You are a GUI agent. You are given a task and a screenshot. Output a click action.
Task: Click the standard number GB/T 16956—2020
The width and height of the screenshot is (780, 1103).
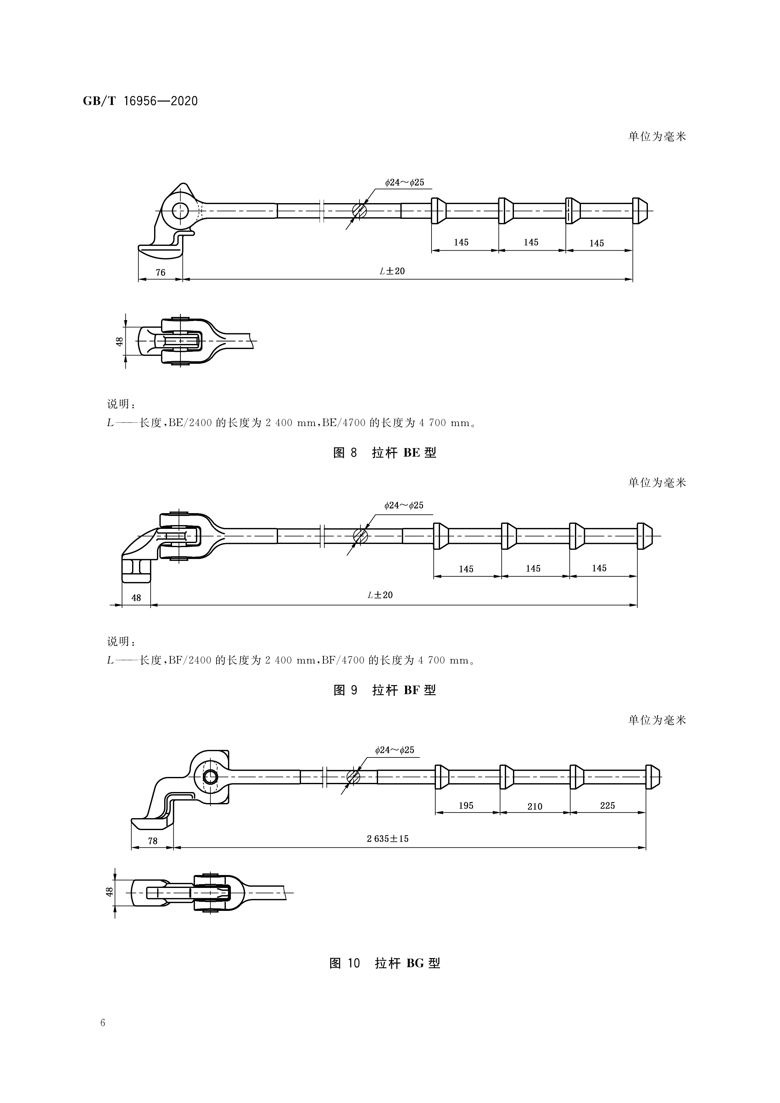pos(140,101)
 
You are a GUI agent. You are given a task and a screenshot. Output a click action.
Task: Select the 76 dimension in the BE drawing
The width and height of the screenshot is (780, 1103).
pos(160,272)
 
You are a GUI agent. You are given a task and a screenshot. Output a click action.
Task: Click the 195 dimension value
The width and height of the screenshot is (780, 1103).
pos(466,806)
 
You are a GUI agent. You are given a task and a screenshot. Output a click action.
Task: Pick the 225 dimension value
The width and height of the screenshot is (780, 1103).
pos(607,806)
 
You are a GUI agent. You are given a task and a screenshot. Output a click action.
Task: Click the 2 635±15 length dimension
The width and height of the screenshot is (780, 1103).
pos(387,839)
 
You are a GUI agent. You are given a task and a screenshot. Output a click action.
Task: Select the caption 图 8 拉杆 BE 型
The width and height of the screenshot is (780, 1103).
pos(385,452)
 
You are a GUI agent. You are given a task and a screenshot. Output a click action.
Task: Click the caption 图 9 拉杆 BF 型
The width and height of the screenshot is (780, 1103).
pos(385,690)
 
